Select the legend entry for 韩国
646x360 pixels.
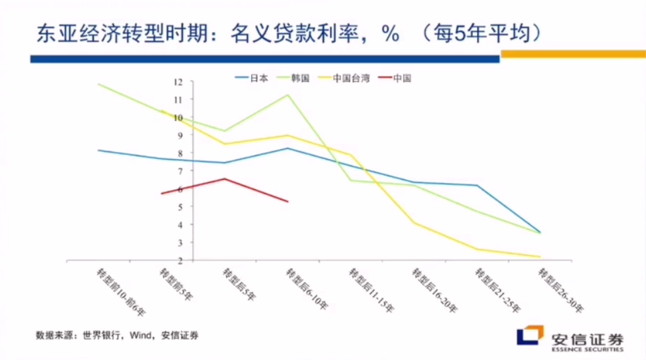(299, 77)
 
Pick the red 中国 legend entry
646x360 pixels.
(401, 77)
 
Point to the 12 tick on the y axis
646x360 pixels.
(178, 82)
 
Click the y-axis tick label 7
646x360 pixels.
(179, 171)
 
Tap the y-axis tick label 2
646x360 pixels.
(179, 260)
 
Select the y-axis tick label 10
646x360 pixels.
(178, 118)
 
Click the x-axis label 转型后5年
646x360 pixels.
(238, 284)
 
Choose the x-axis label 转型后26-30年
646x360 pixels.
(560, 291)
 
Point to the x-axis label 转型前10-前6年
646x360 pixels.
(120, 291)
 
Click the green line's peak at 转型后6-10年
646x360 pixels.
(288, 95)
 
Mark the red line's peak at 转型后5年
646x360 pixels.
(225, 178)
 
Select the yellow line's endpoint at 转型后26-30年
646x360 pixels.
(539, 256)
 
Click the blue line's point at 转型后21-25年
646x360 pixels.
(477, 185)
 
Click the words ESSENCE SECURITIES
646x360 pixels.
(587, 349)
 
